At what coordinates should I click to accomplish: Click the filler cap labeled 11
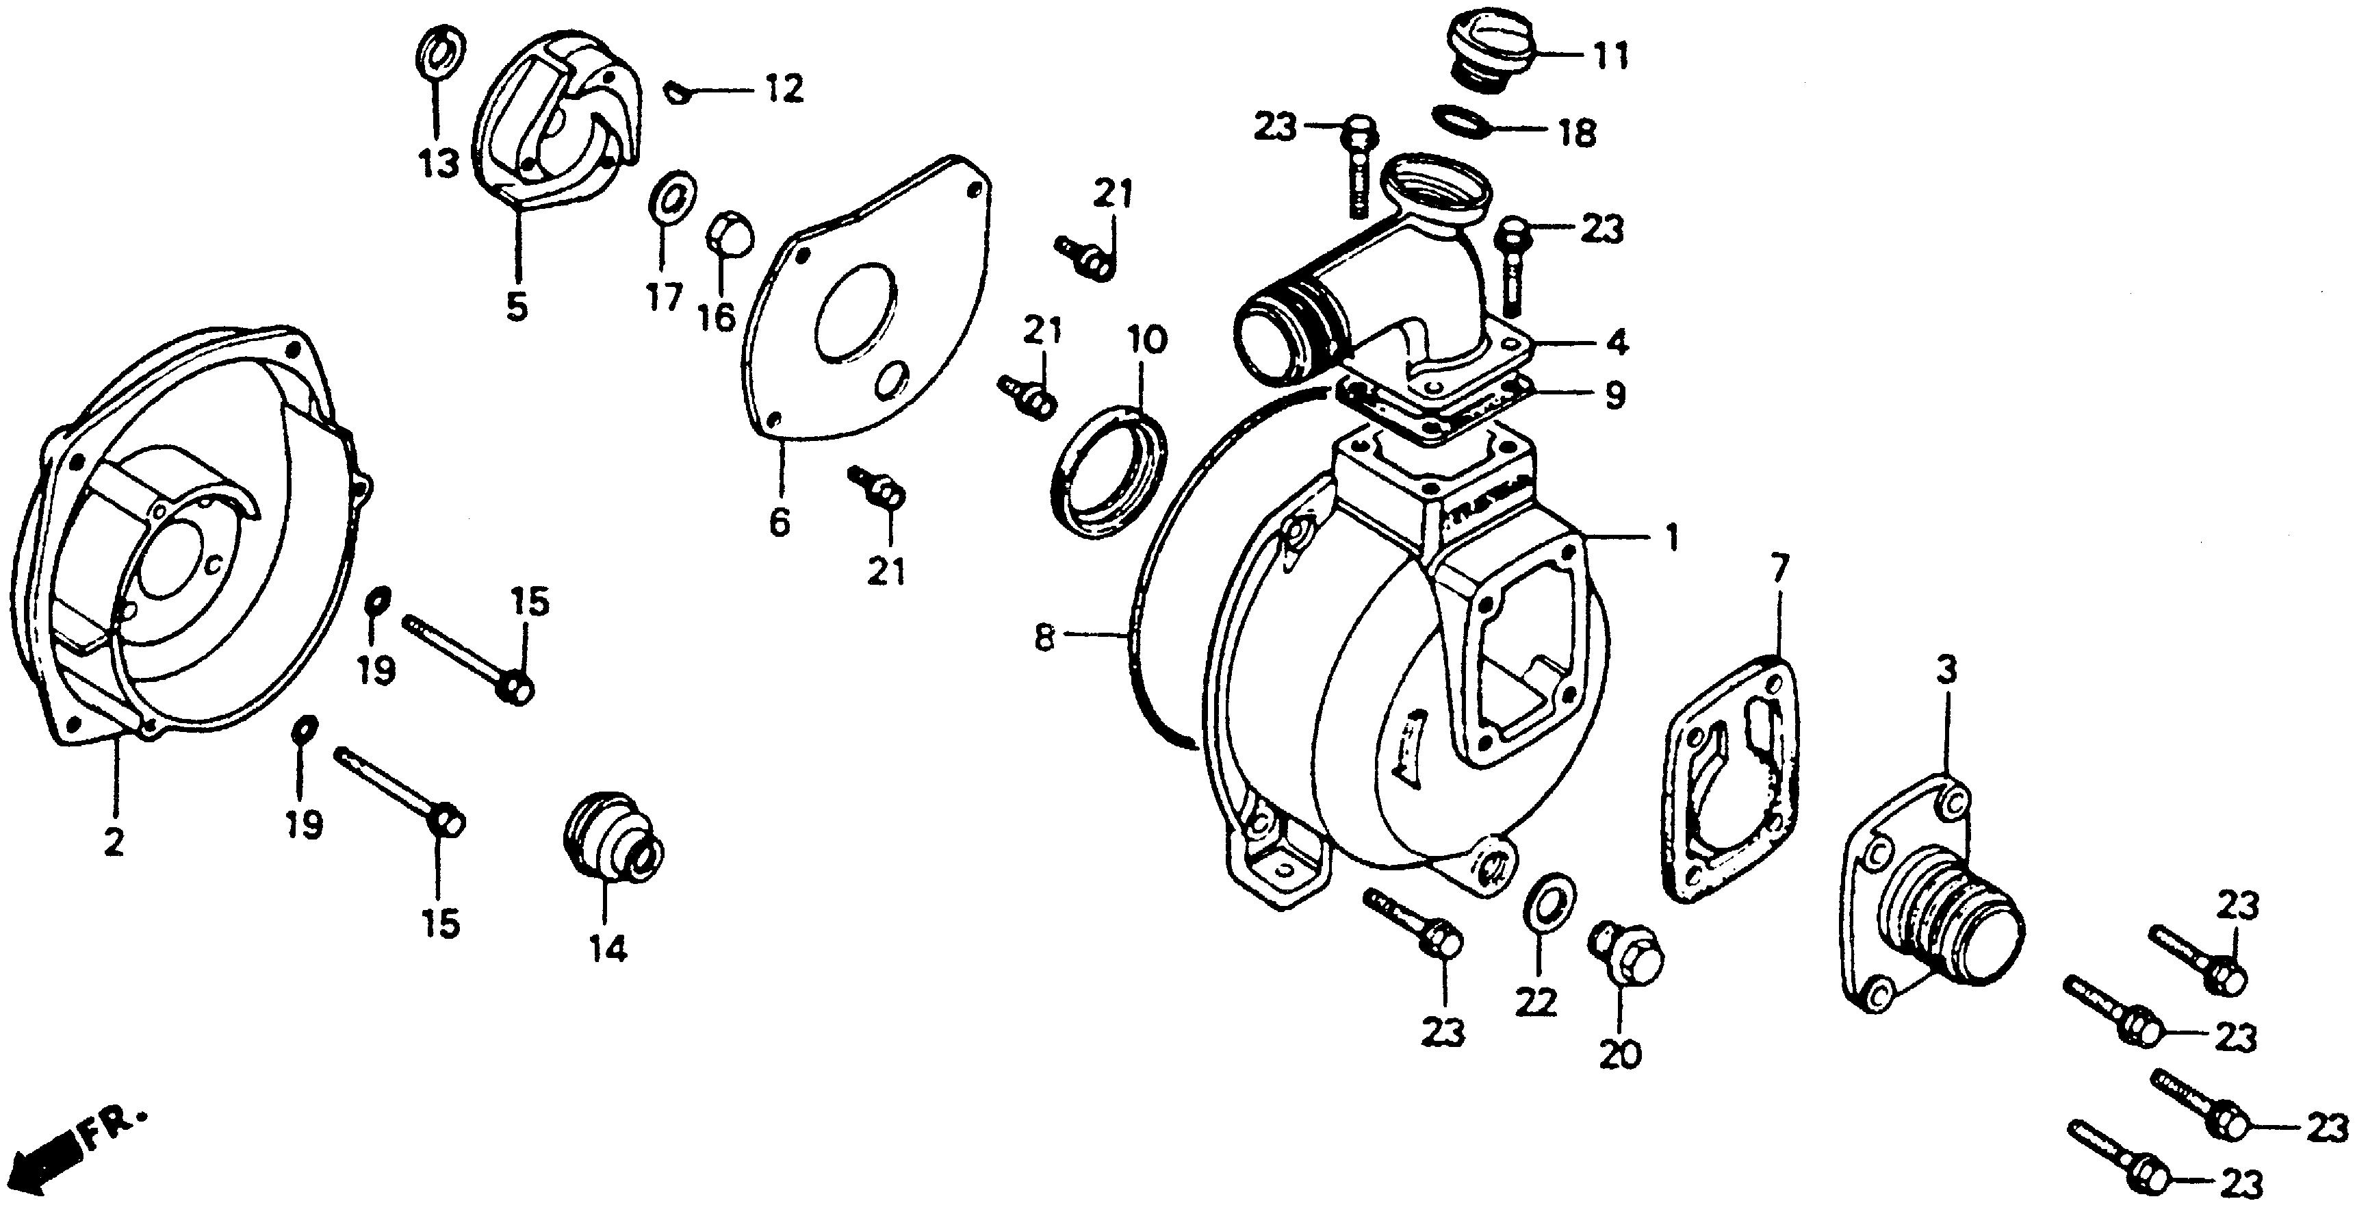[1490, 51]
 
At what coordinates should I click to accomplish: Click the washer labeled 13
[441, 53]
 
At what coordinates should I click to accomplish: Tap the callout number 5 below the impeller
[517, 308]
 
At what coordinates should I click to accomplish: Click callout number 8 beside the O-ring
[1043, 637]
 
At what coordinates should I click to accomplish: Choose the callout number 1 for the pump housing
[1671, 538]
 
